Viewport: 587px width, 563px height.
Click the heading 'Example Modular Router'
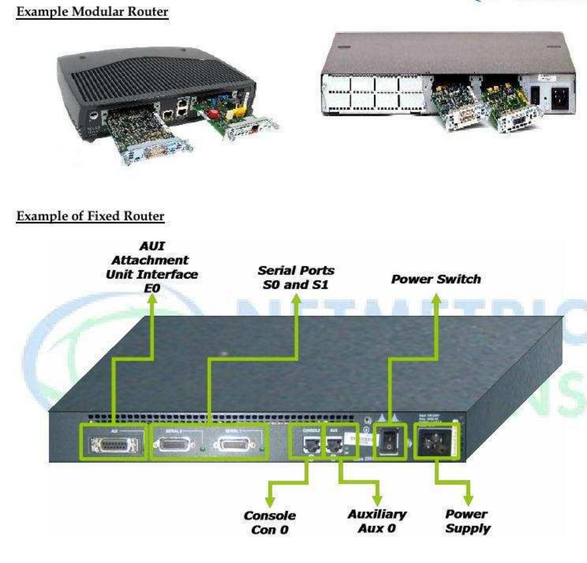92,12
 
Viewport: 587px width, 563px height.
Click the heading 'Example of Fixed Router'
90,216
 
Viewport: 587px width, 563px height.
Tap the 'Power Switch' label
436,279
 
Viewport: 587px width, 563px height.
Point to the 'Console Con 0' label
269,522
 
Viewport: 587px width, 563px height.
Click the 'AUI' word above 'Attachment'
152,246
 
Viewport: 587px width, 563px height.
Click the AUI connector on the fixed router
114,445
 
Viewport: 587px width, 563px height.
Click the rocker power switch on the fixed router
389,442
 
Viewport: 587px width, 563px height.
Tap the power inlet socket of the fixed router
434,441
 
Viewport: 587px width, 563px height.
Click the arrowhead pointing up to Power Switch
436,298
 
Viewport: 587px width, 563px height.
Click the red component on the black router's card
213,113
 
